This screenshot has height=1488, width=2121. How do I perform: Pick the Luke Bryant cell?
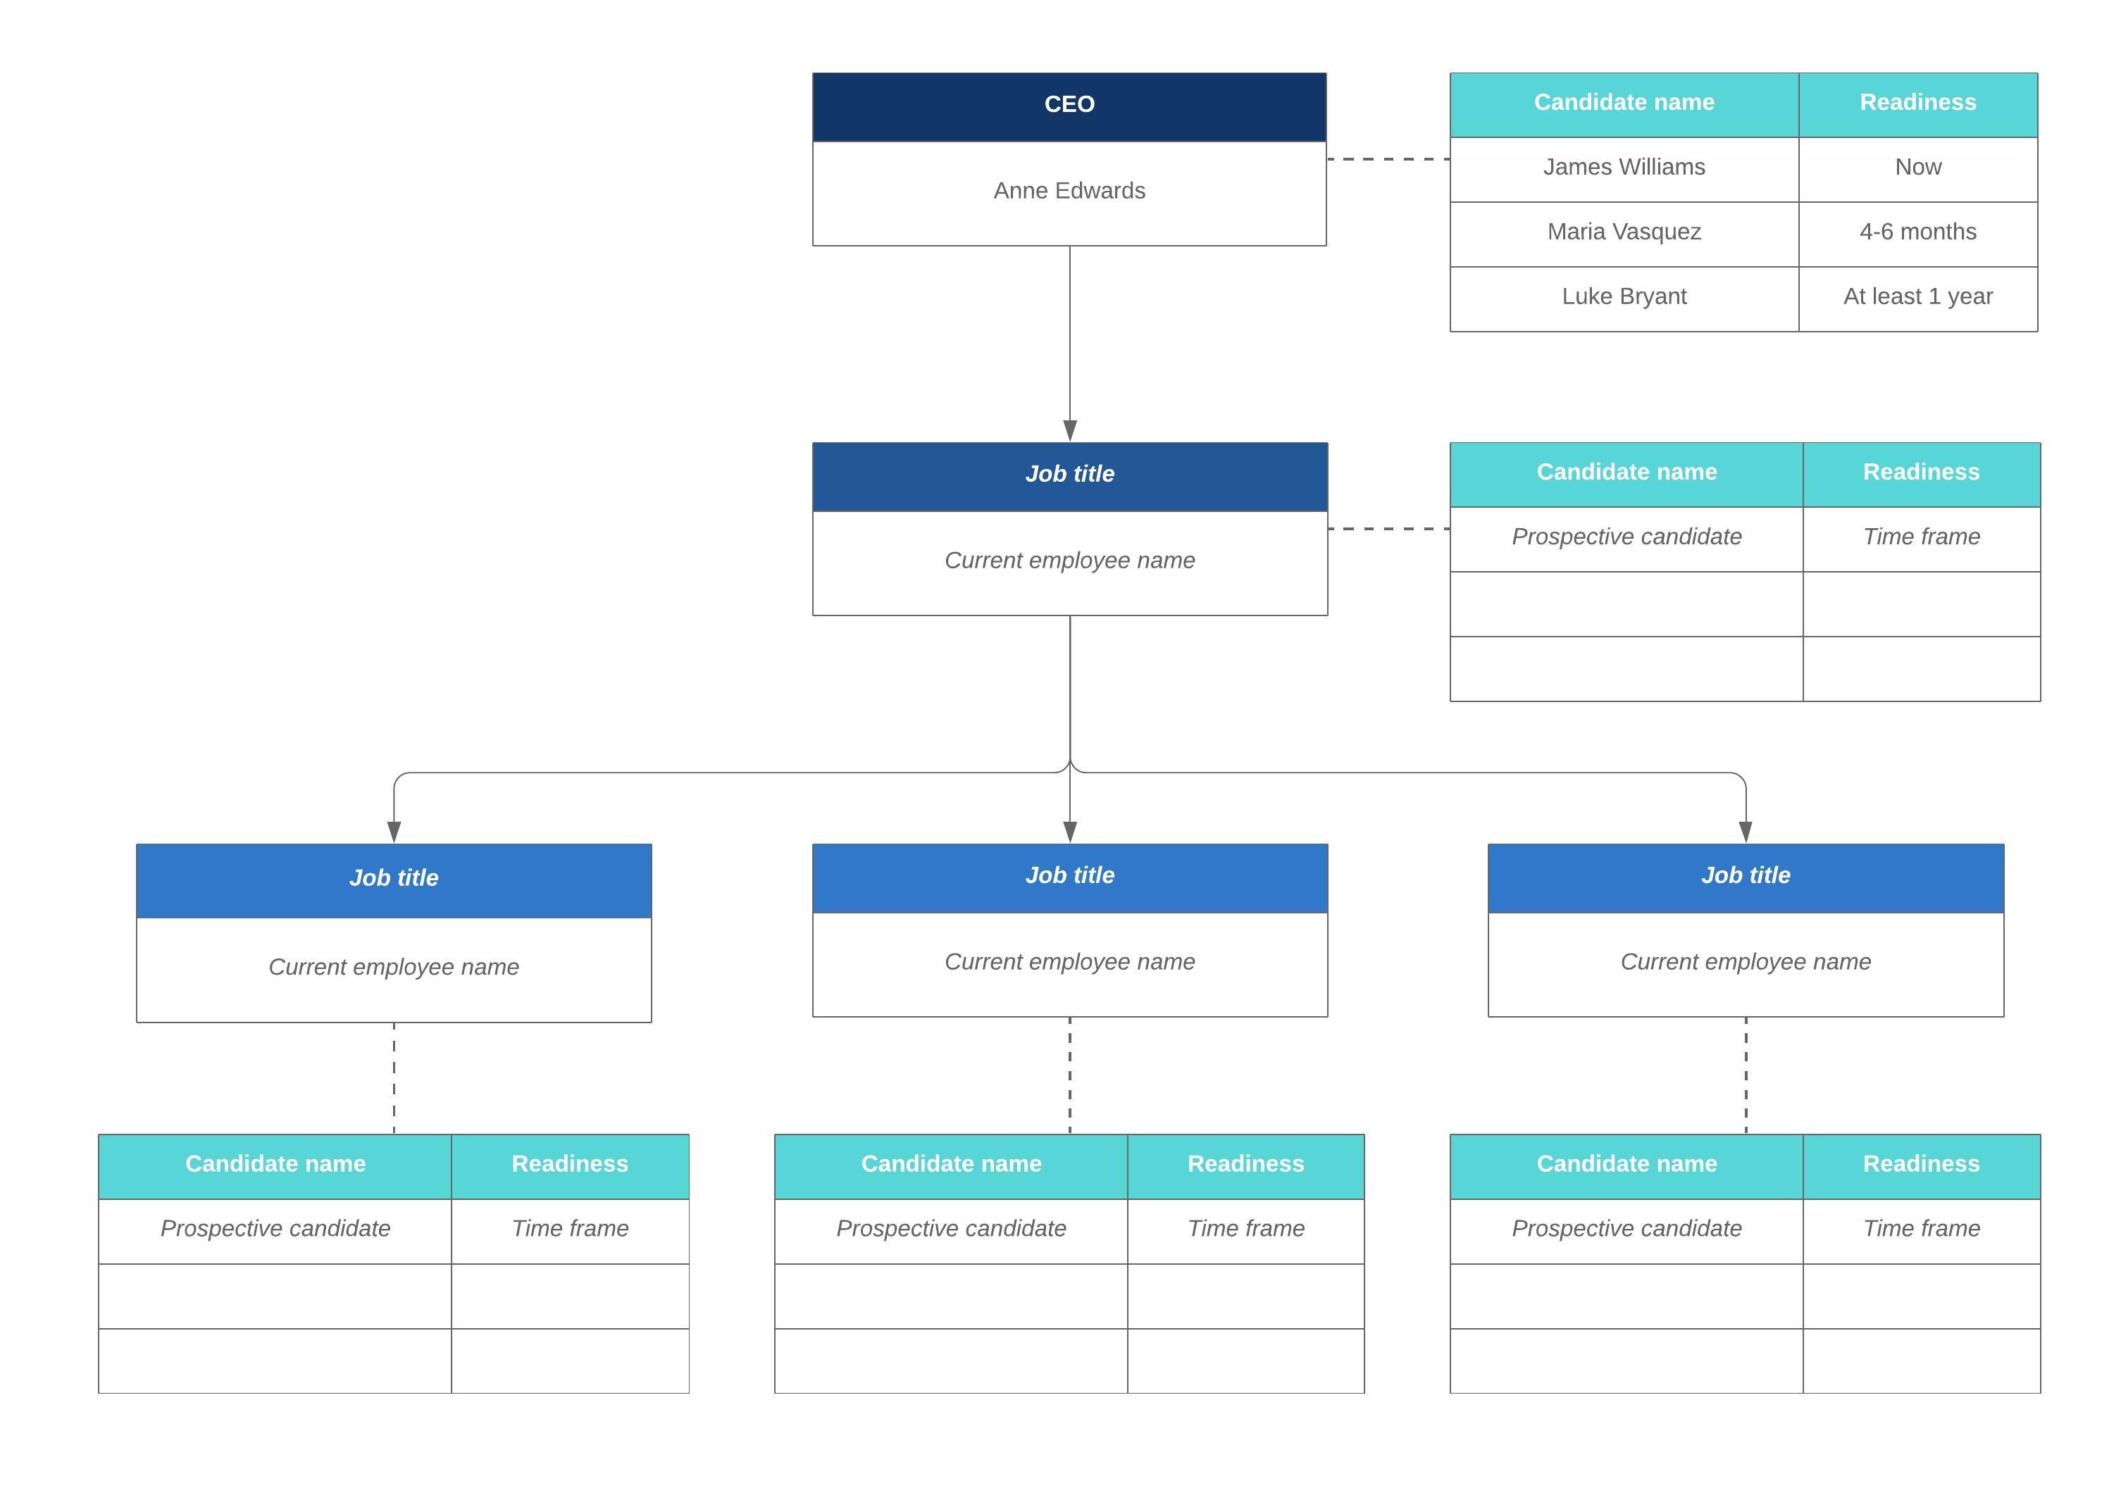(1623, 297)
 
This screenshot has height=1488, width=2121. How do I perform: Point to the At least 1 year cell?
(1917, 297)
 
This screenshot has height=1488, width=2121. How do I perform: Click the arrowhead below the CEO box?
(1070, 430)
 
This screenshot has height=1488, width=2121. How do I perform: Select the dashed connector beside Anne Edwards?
(1388, 160)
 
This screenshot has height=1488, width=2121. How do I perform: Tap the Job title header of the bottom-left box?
(394, 878)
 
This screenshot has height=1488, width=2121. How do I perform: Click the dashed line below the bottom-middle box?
(1070, 1075)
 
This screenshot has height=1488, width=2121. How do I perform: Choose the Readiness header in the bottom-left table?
(569, 1165)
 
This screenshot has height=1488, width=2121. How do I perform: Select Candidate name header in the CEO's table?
(1623, 104)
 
